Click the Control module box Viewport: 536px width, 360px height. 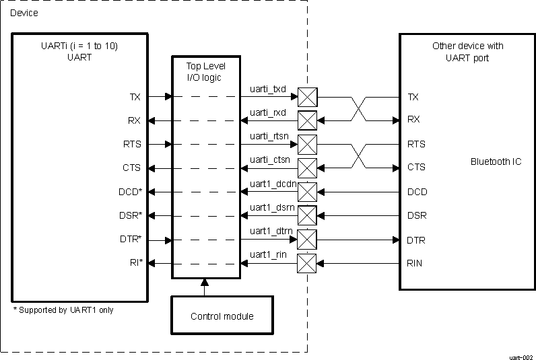pos(222,315)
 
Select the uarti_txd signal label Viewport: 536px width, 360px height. pos(268,89)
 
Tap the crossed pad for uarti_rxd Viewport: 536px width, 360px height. pos(307,120)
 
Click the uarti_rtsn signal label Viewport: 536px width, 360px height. pos(269,135)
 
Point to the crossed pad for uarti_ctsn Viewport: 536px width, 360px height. pos(307,168)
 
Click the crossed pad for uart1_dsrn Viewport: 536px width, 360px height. pos(307,215)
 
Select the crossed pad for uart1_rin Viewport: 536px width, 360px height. pos(307,263)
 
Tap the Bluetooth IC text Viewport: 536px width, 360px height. pos(496,162)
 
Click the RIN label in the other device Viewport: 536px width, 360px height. pos(415,263)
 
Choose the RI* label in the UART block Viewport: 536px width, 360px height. pos(135,263)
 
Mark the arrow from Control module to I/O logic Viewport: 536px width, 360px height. pos(205,287)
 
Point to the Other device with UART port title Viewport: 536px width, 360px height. pos(467,52)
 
